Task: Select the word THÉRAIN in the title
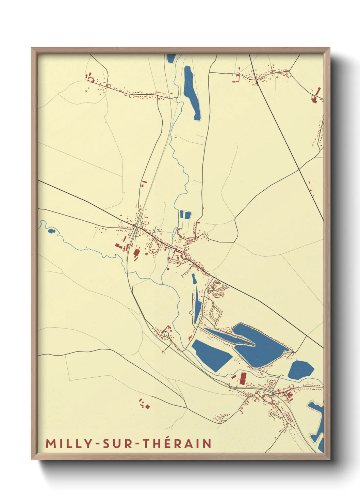click(177, 443)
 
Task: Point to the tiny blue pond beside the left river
click(51, 231)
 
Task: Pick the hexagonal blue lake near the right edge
click(301, 369)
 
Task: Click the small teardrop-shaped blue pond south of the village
click(194, 279)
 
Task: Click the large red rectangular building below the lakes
click(243, 378)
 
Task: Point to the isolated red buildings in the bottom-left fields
click(144, 404)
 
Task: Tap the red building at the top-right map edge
click(316, 95)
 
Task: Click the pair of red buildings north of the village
click(143, 184)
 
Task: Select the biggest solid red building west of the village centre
click(136, 253)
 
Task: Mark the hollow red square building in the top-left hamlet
click(91, 79)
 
